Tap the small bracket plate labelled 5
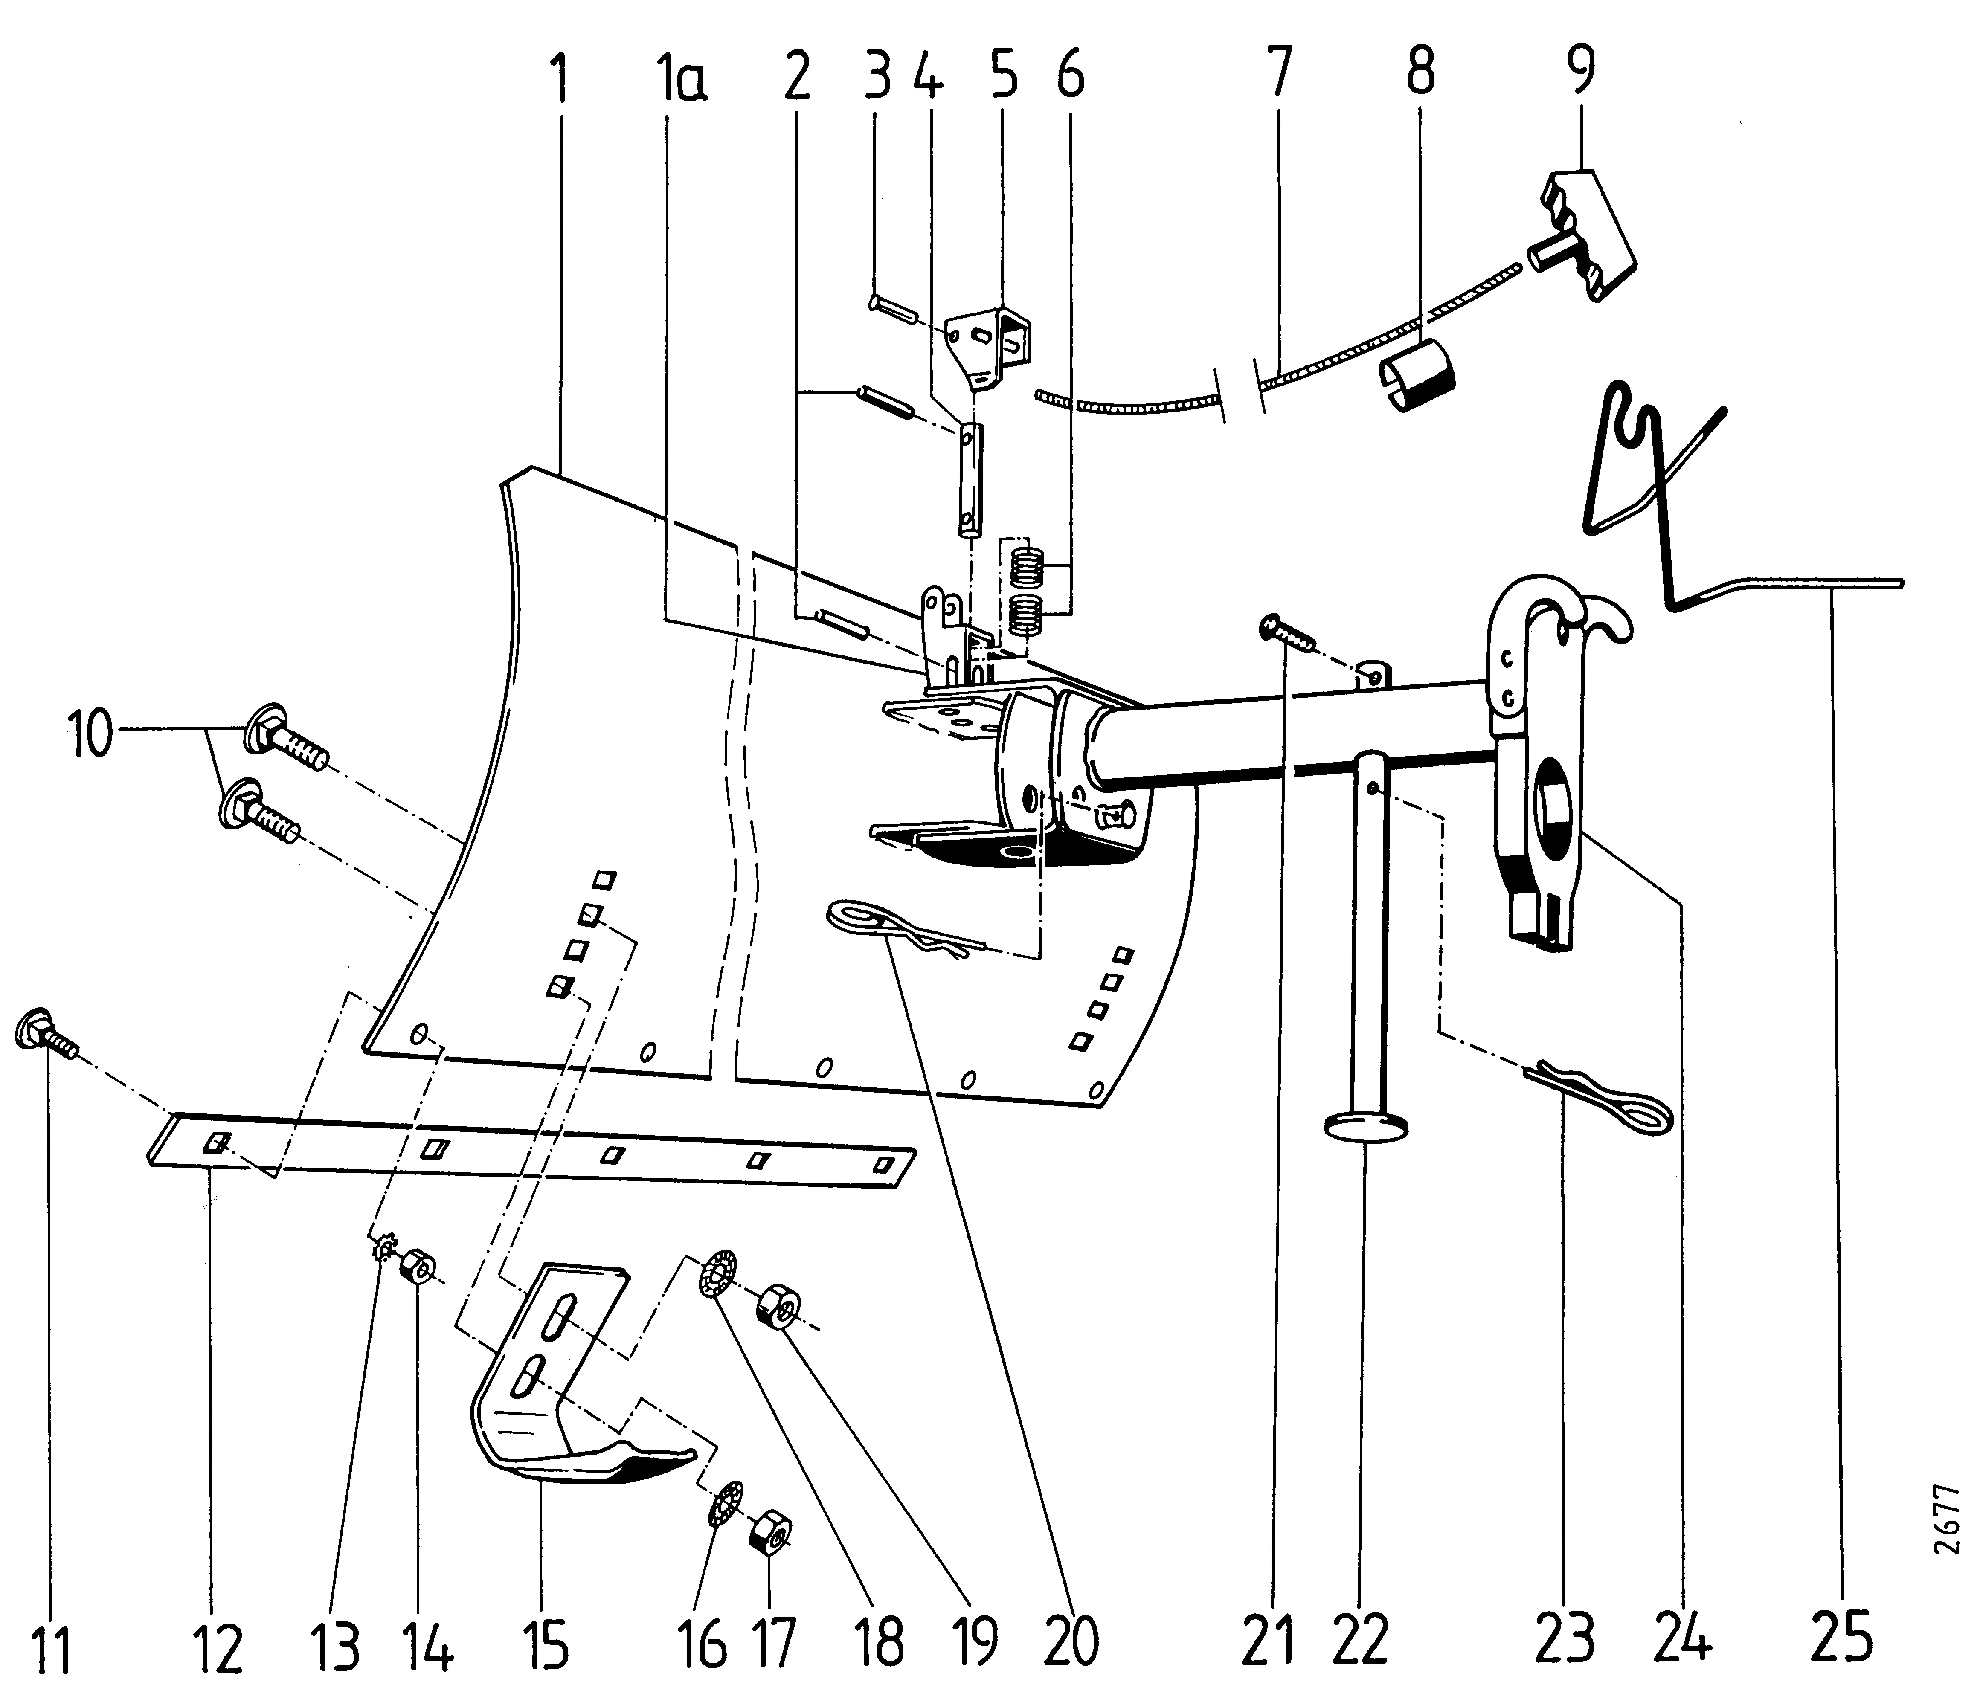point(994,349)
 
